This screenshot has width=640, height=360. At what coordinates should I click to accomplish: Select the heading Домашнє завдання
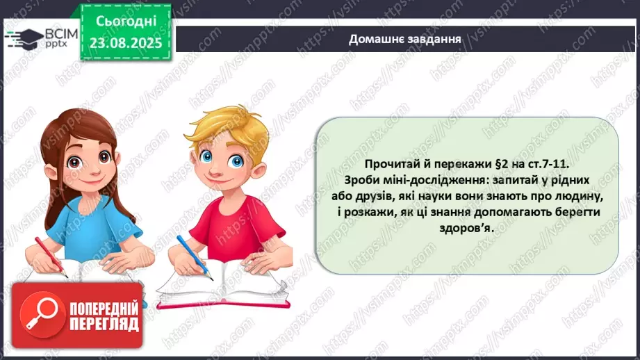tap(406, 39)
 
